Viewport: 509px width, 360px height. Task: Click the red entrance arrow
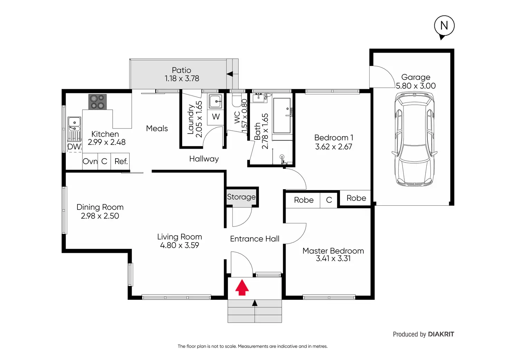click(242, 288)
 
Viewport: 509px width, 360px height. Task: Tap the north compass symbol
click(444, 27)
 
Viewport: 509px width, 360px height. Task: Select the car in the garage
click(415, 139)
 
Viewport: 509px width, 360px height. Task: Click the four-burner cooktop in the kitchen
click(98, 102)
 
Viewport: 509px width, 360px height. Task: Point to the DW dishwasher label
click(74, 147)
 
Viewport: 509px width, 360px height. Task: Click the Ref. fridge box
click(120, 161)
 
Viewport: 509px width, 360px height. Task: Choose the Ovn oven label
click(90, 161)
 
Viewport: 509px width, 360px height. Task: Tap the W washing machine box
click(216, 117)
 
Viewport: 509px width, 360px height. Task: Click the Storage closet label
click(241, 197)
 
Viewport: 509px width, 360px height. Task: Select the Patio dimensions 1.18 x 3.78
click(182, 79)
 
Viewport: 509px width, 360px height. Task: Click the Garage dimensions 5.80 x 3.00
click(416, 86)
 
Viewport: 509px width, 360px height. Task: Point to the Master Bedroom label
click(333, 251)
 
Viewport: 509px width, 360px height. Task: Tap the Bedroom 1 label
click(334, 138)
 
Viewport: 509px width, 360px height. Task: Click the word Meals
click(157, 128)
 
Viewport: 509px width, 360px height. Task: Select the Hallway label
click(204, 159)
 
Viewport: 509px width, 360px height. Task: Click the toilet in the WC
click(237, 101)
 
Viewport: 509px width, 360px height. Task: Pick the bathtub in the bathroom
click(282, 116)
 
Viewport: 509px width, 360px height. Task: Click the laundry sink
click(215, 101)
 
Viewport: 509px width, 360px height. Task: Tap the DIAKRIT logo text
click(441, 334)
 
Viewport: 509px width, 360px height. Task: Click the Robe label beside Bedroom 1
click(356, 198)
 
